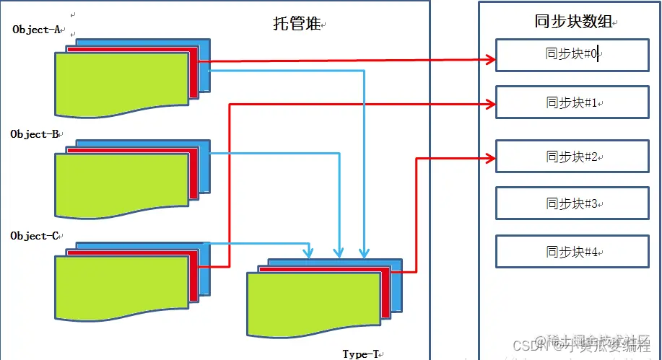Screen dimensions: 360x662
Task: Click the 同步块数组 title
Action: point(568,22)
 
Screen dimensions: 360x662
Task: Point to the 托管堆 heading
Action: point(297,25)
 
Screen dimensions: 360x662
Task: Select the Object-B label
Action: point(36,134)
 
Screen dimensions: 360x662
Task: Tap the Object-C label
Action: point(36,236)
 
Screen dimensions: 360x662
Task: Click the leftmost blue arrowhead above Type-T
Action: point(309,253)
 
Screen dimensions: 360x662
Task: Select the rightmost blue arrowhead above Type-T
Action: point(365,253)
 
